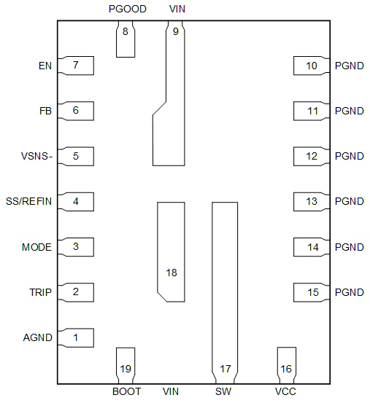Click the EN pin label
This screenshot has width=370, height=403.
tap(44, 66)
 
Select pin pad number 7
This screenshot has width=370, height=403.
tap(76, 66)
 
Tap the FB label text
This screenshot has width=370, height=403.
tap(45, 111)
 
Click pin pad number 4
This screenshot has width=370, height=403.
tap(76, 201)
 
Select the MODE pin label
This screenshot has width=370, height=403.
tap(36, 247)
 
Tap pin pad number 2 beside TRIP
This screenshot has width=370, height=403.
tap(76, 292)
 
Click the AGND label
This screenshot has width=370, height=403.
tap(37, 337)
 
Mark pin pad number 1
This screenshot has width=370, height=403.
tap(76, 337)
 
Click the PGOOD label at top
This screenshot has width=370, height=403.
tap(127, 9)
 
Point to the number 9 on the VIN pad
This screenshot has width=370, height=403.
tap(175, 31)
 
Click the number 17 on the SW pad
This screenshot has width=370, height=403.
tap(225, 369)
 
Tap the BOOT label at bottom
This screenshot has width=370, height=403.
tap(127, 391)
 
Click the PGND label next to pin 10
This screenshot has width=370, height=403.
tap(349, 66)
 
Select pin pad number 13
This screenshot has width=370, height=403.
tap(312, 201)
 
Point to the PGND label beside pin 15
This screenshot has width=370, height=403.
tap(349, 292)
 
